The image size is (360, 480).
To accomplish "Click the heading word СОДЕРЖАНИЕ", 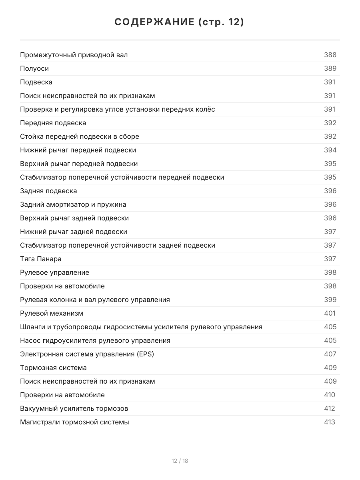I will click(154, 22).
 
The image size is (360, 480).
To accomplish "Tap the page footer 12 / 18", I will click(180, 461).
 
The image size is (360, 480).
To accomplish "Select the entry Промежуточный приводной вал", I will click(74, 55).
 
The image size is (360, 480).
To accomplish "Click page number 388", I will click(330, 55).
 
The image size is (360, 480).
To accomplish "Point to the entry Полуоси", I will click(34, 68).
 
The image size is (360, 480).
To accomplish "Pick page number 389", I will click(330, 68).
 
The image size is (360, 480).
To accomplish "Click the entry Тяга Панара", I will click(41, 259).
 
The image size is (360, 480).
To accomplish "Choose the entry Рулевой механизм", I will click(52, 313).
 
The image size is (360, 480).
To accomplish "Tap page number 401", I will click(330, 313).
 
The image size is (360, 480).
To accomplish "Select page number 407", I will click(330, 354).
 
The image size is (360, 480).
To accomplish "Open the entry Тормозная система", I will click(53, 368).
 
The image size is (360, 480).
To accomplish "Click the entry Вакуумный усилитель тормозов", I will click(74, 408).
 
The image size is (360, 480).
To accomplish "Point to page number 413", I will click(330, 422).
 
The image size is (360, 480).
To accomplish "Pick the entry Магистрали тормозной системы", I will click(74, 422).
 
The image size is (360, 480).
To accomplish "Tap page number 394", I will click(330, 150).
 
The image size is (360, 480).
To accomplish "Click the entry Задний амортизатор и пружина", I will click(73, 204).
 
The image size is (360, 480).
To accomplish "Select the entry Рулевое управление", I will click(55, 272).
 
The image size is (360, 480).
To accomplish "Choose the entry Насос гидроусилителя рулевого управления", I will click(95, 340).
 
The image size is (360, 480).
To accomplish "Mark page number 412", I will click(330, 408).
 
